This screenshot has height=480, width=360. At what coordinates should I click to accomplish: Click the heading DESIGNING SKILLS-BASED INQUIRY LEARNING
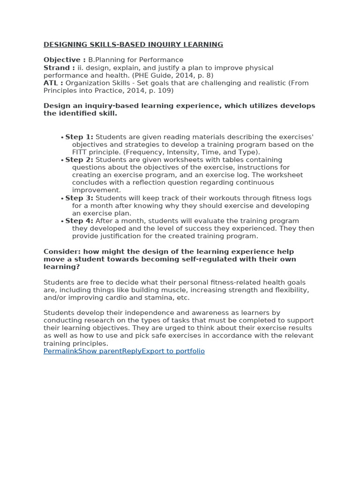click(x=133, y=45)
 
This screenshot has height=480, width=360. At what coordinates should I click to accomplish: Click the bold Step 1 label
click(x=79, y=137)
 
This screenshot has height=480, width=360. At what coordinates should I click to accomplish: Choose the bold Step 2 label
click(x=79, y=160)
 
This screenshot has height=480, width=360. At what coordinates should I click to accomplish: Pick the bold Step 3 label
click(x=79, y=198)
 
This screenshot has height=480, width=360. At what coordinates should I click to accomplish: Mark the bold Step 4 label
click(x=79, y=221)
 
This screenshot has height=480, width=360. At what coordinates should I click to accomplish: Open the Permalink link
click(x=60, y=351)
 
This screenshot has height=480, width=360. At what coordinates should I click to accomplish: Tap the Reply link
click(x=132, y=351)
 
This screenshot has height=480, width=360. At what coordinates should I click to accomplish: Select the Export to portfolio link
click(x=173, y=351)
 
